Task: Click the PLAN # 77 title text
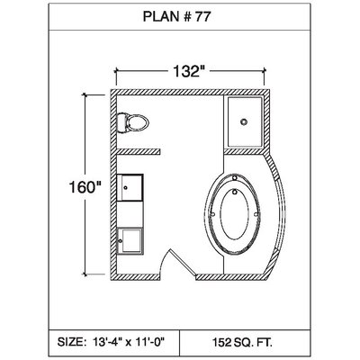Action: point(176,17)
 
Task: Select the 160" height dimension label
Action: point(84,187)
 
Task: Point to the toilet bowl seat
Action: point(138,122)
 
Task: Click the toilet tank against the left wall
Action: point(121,122)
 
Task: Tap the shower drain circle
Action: point(244,121)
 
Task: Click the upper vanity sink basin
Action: point(130,187)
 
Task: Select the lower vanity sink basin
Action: point(130,240)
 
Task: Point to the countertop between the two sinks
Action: point(130,214)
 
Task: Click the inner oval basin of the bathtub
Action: point(235,213)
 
